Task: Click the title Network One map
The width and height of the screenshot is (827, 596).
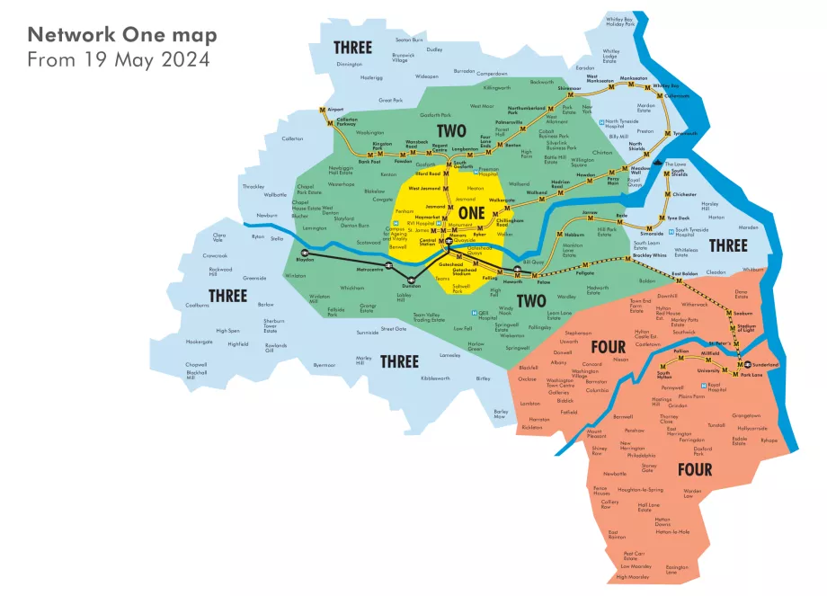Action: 121,35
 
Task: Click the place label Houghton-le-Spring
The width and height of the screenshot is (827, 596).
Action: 640,490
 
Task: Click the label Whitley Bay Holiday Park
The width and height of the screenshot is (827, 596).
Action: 620,22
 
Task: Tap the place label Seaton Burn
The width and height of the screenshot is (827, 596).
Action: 409,40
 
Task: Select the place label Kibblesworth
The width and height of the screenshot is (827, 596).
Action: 435,378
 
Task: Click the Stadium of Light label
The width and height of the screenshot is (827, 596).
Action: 744,327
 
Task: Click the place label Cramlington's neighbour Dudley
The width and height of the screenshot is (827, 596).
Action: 434,49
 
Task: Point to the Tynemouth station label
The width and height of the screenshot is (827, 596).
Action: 685,133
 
